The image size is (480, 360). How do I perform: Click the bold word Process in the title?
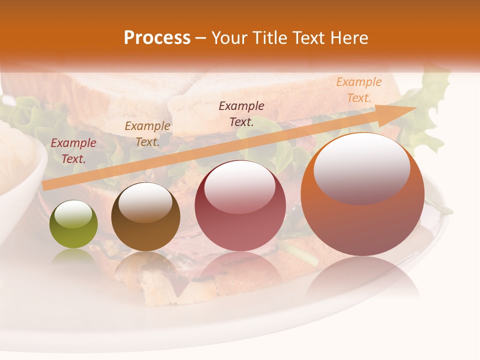pyautogui.click(x=157, y=38)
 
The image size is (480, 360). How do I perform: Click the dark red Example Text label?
pyautogui.click(x=73, y=151)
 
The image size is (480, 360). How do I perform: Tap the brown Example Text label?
pyautogui.click(x=147, y=134)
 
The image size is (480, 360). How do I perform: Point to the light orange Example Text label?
pyautogui.click(x=359, y=90)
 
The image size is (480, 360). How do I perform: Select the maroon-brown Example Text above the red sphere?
pyautogui.click(x=241, y=113)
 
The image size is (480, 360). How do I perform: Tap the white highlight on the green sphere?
pyautogui.click(x=73, y=214)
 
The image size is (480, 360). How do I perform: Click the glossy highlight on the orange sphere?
pyautogui.click(x=361, y=167)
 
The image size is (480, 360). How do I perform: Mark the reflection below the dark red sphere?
pyautogui.click(x=240, y=270)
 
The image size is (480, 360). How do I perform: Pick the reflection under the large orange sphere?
pyautogui.click(x=362, y=280)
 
